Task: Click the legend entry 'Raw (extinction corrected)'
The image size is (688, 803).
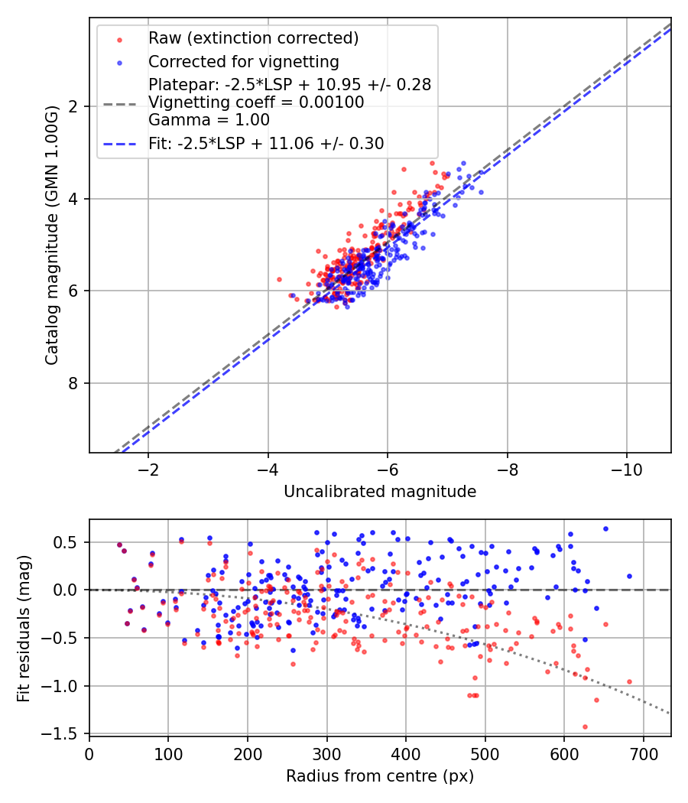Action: coord(253,38)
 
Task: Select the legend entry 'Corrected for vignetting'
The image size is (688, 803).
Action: coord(243,61)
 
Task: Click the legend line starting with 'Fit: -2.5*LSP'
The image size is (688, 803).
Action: coord(266,143)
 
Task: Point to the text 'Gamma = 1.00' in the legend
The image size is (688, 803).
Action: coord(209,119)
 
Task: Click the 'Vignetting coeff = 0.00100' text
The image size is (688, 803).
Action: coord(256,102)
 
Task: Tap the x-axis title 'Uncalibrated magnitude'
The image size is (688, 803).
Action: coord(380,492)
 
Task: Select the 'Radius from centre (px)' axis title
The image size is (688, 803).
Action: coord(380,776)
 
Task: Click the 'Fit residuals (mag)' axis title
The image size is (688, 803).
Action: coord(24,628)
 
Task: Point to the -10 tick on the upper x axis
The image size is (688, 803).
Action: coord(627,468)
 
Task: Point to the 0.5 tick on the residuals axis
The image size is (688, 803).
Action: coord(69,542)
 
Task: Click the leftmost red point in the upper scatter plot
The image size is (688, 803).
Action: coord(279,280)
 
